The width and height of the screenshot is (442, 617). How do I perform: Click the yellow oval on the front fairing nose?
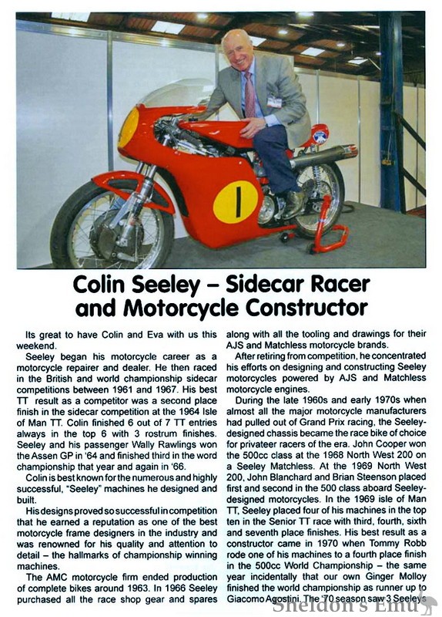tap(129, 127)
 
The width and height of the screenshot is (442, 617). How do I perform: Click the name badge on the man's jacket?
tap(275, 100)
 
